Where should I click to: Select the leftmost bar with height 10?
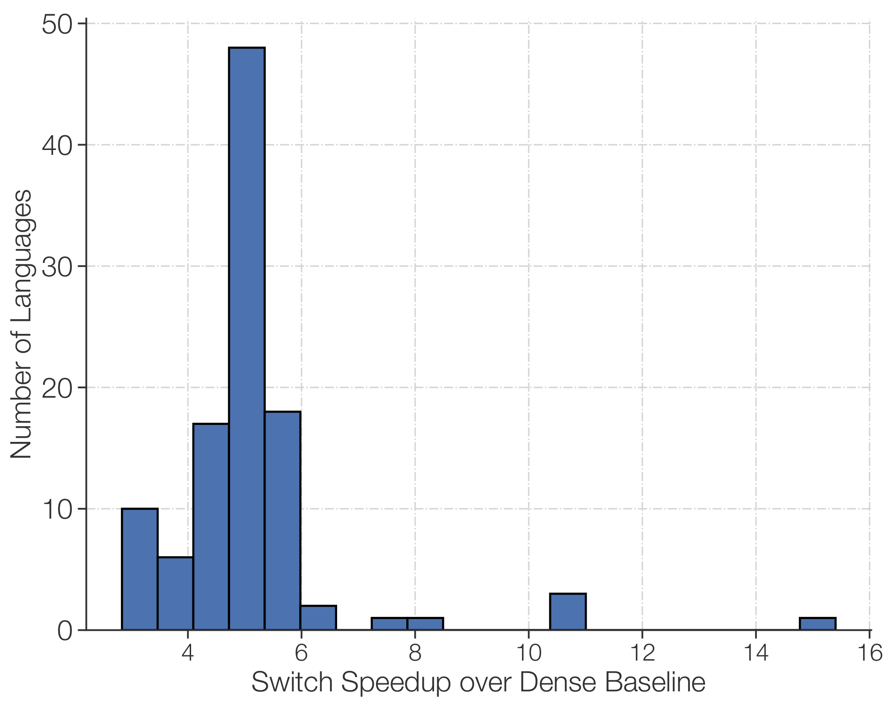point(139,569)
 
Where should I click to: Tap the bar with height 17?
point(211,527)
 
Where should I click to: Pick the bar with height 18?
point(282,520)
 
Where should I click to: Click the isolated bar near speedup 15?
point(817,624)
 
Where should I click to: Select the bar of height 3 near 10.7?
point(568,612)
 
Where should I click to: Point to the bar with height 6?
point(175,593)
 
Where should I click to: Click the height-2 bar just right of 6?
point(318,618)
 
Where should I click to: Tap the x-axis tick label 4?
point(188,653)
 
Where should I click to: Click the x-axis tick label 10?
point(529,653)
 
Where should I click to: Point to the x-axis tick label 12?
point(642,653)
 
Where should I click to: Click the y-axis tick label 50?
point(57,25)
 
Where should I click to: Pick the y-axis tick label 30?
point(57,267)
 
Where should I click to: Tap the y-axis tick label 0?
point(65,631)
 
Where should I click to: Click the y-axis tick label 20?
point(57,388)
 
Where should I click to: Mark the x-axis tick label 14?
point(755,653)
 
